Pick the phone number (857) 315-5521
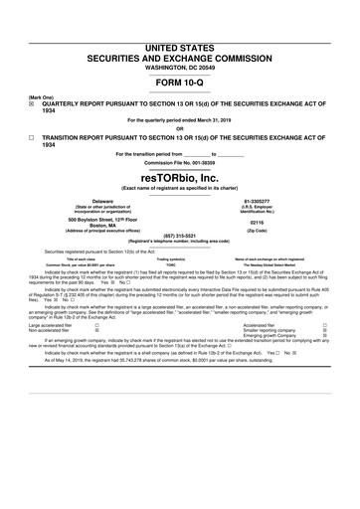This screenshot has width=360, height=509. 179,237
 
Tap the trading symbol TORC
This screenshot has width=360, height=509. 179,264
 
